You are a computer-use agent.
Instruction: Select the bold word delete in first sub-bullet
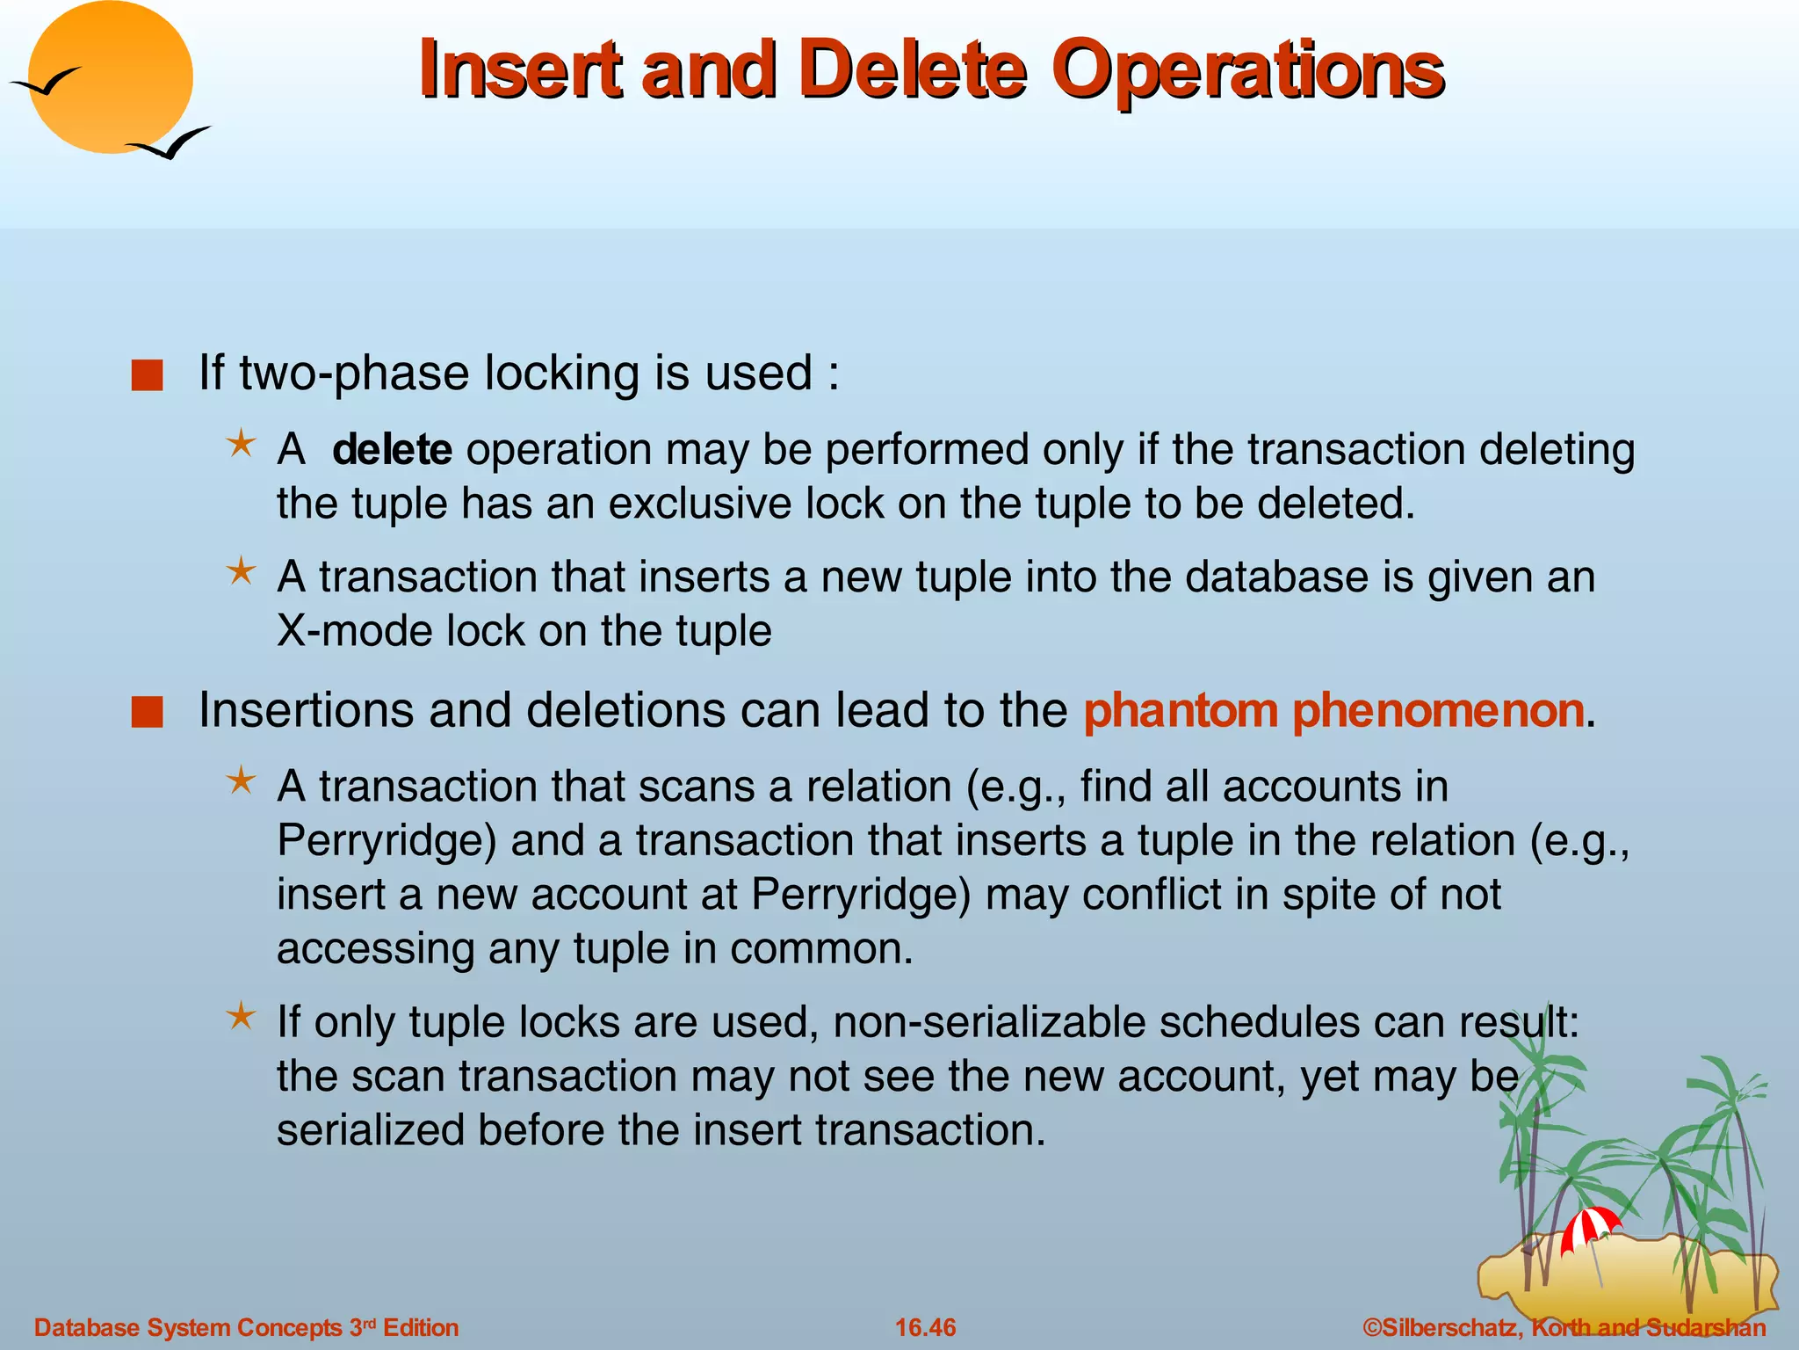pyautogui.click(x=392, y=450)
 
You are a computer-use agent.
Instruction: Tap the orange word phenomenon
pyautogui.click(x=1438, y=711)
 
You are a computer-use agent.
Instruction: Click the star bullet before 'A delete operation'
pyautogui.click(x=241, y=444)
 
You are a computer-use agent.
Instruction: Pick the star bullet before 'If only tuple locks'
pyautogui.click(x=241, y=1017)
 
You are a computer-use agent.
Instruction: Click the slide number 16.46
pyautogui.click(x=925, y=1327)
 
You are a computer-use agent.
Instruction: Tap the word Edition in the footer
pyautogui.click(x=421, y=1327)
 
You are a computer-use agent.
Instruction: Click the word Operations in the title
pyautogui.click(x=1247, y=70)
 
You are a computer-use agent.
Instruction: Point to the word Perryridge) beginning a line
pyautogui.click(x=387, y=842)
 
